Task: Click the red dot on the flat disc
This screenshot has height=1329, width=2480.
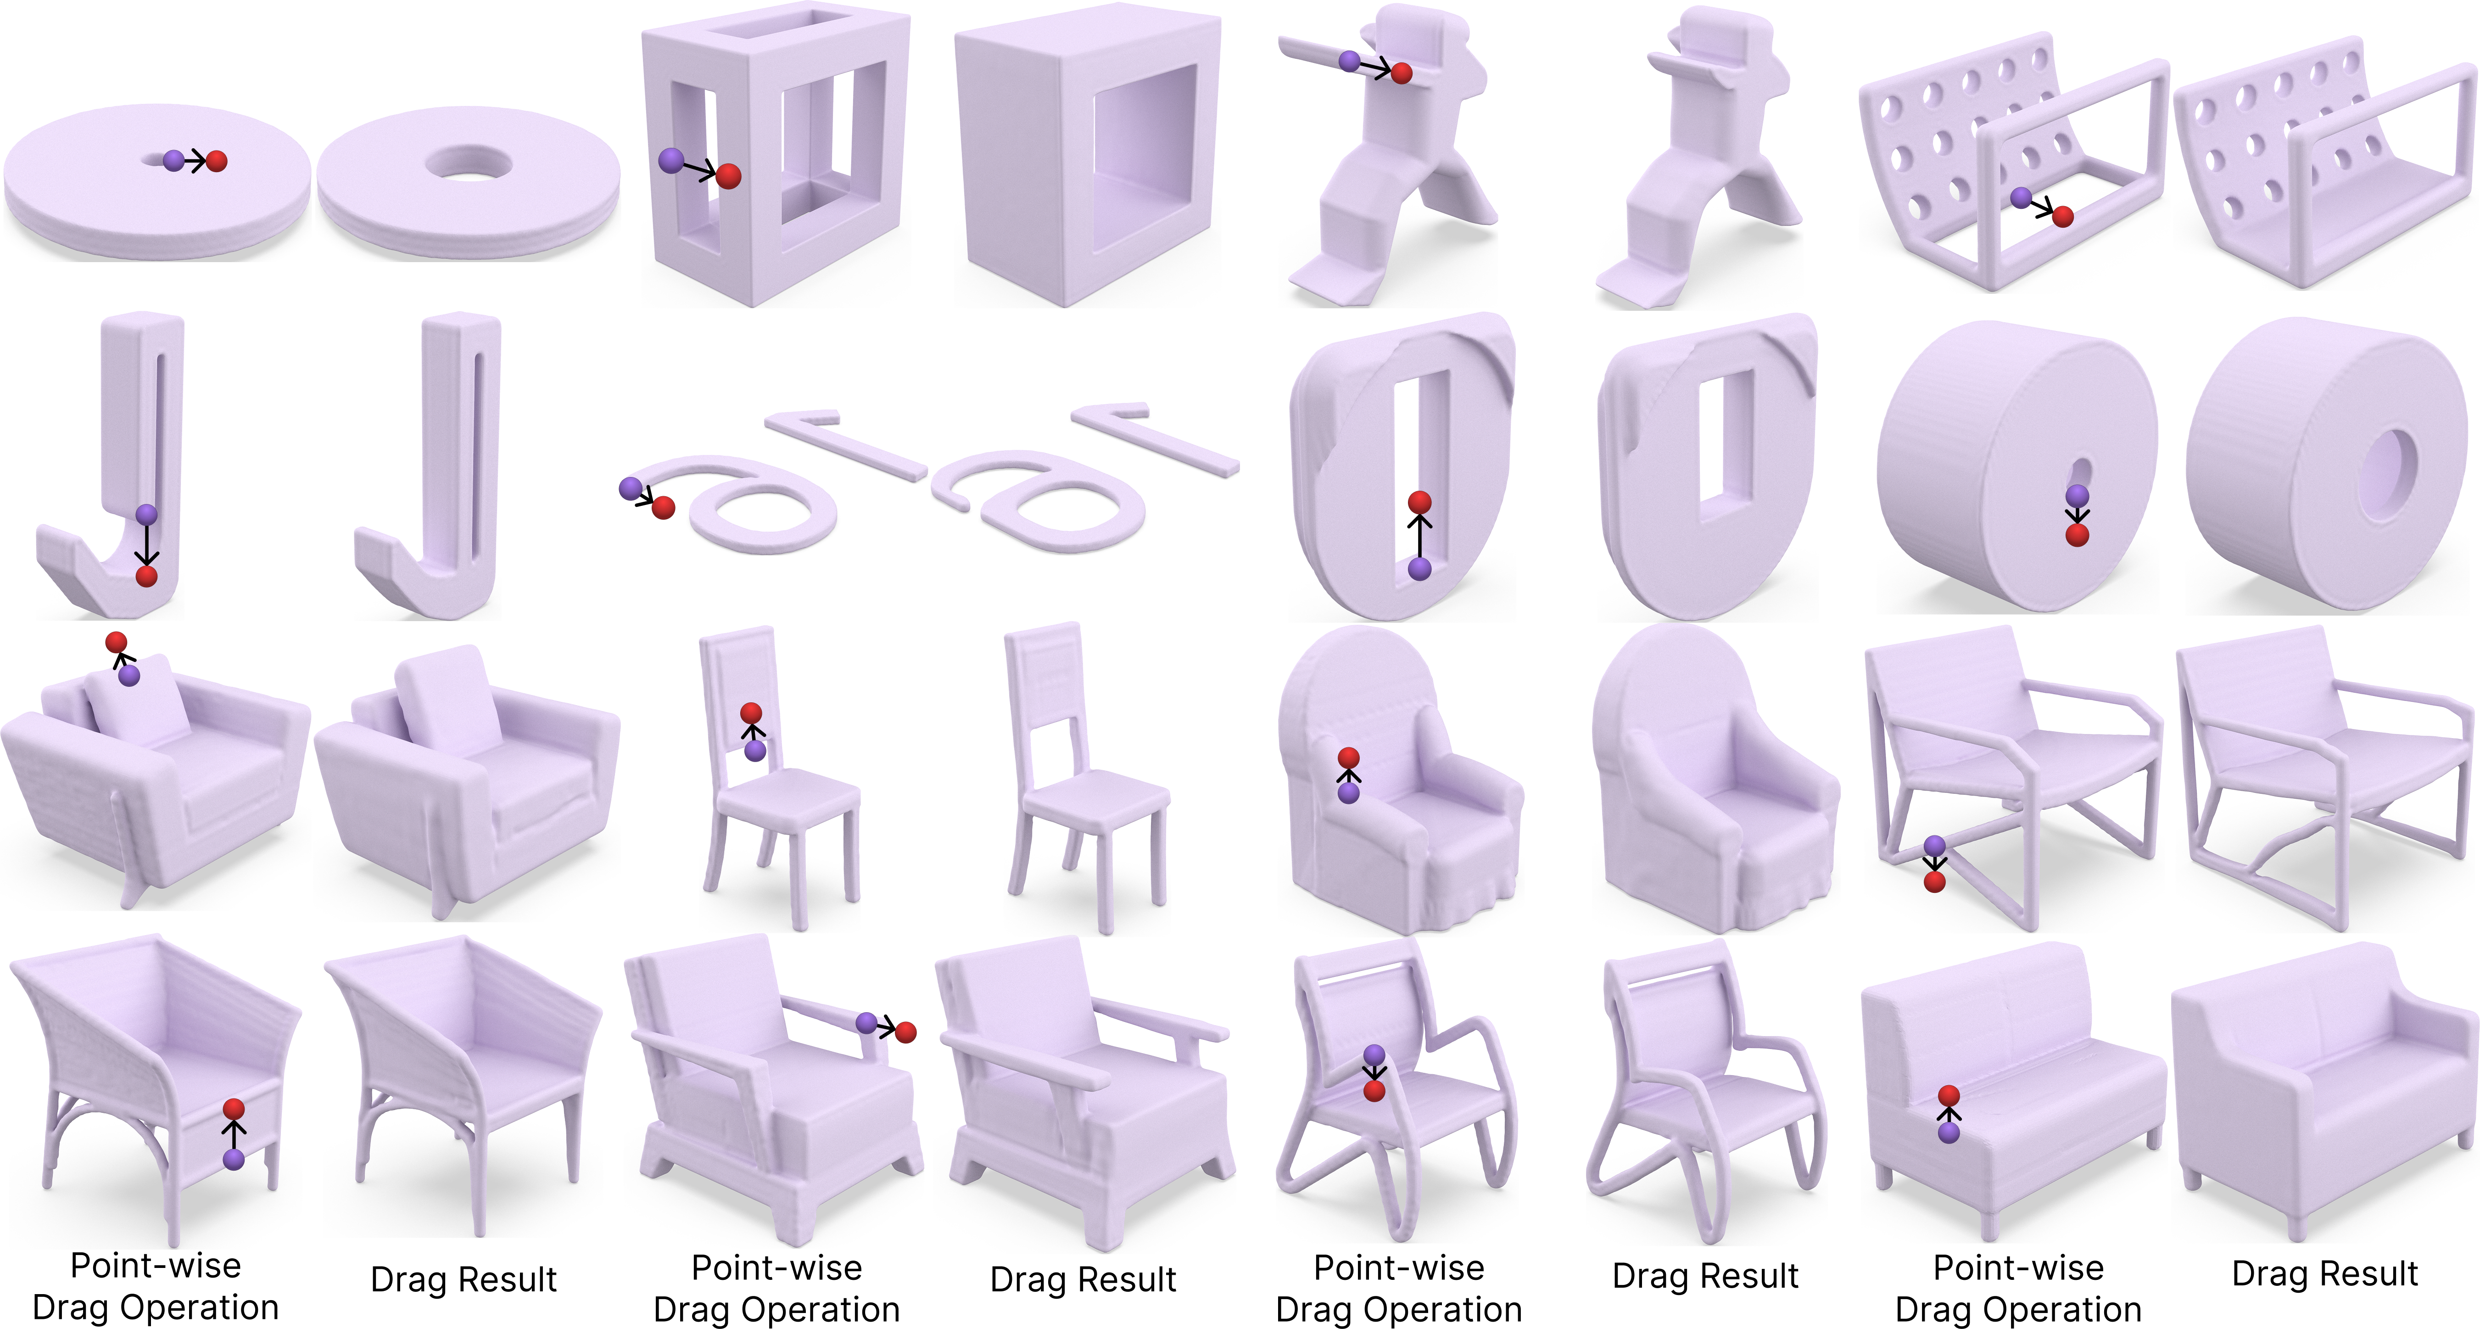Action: click(x=217, y=161)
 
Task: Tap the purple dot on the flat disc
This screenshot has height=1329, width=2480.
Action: click(x=173, y=161)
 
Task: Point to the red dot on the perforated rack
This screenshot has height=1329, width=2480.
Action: click(x=2062, y=217)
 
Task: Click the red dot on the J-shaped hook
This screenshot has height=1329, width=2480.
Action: click(x=146, y=576)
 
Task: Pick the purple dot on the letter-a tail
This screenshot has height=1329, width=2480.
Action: click(x=631, y=488)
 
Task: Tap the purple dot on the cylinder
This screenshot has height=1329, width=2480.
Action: click(x=2078, y=495)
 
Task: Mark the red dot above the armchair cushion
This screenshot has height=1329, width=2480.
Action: click(x=117, y=641)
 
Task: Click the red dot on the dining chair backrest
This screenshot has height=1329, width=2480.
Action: click(x=751, y=712)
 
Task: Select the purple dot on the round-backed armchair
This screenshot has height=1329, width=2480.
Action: click(x=1349, y=793)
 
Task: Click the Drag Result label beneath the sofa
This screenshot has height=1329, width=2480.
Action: click(x=2325, y=1273)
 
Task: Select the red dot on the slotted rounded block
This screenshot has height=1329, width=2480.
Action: click(x=1419, y=502)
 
